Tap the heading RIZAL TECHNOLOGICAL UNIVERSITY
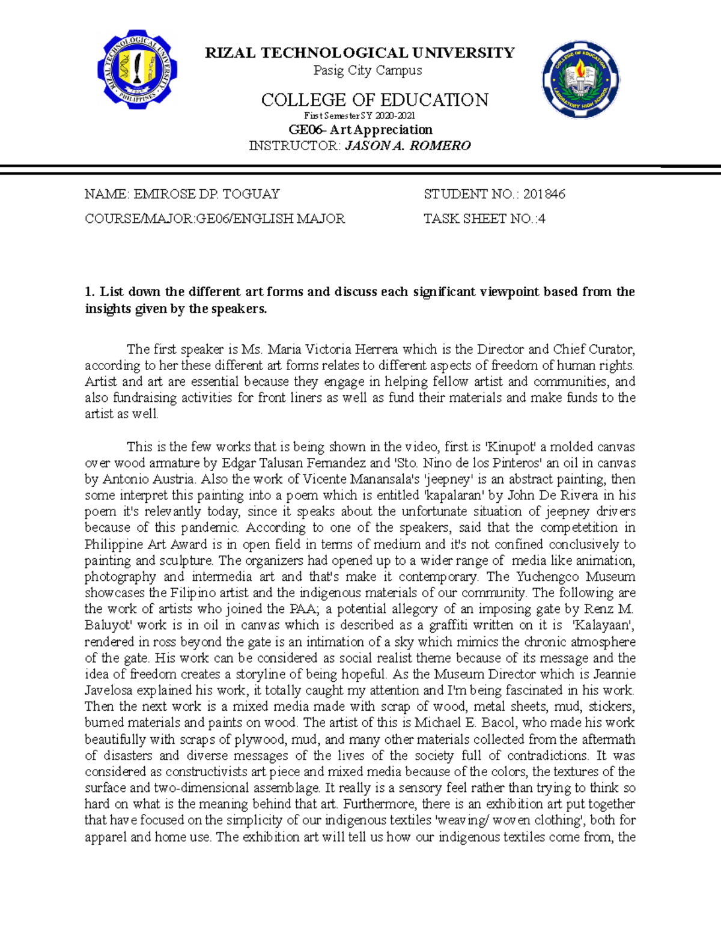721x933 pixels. click(x=360, y=53)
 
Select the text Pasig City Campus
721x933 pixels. click(x=368, y=70)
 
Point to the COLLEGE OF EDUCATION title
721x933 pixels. click(x=374, y=100)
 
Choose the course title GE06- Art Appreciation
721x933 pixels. click(x=360, y=130)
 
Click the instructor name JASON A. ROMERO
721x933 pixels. click(x=407, y=146)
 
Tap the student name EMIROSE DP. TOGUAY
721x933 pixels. click(x=206, y=194)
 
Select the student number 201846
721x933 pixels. click(x=544, y=194)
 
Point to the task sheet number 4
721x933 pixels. click(x=542, y=219)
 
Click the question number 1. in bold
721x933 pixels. click(x=90, y=293)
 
